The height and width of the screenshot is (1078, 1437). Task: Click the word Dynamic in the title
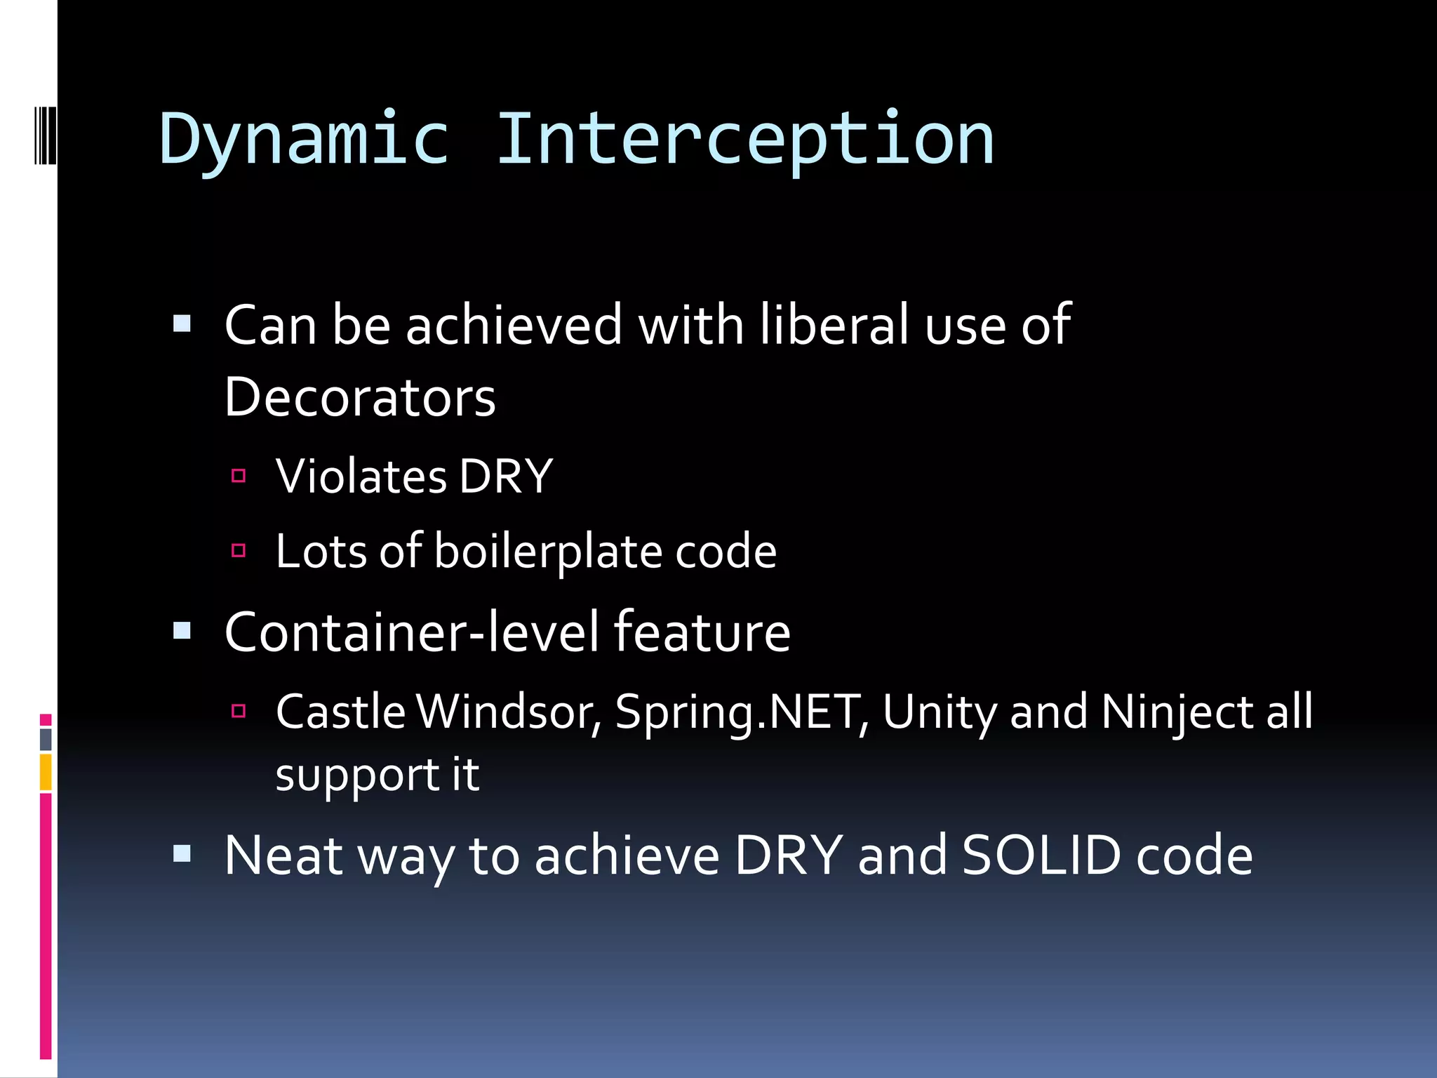tap(304, 140)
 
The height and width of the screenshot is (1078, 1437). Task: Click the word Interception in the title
tap(745, 140)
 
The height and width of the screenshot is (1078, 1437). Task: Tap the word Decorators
tap(360, 398)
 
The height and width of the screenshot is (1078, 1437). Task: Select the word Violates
tap(361, 477)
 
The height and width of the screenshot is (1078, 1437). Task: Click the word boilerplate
tap(548, 552)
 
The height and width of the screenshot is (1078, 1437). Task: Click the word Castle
tap(340, 712)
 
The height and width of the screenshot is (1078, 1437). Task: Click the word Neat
tap(283, 856)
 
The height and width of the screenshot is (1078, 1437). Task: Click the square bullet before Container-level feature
tap(182, 630)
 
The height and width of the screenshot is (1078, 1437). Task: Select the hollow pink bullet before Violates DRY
tap(239, 476)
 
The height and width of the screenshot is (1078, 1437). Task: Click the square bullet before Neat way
tap(182, 853)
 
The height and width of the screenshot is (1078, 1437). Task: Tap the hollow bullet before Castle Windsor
tap(239, 711)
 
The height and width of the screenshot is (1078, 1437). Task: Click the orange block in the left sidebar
tap(46, 772)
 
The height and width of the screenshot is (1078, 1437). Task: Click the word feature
tap(702, 632)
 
